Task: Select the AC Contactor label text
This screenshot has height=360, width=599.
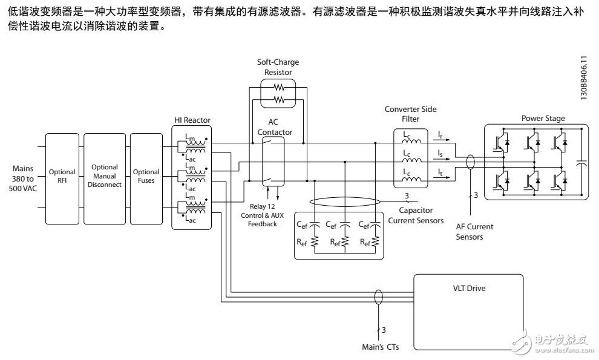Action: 275,127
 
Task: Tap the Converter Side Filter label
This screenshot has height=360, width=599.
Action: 411,113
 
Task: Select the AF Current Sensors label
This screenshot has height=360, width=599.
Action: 475,232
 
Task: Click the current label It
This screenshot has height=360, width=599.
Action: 442,173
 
